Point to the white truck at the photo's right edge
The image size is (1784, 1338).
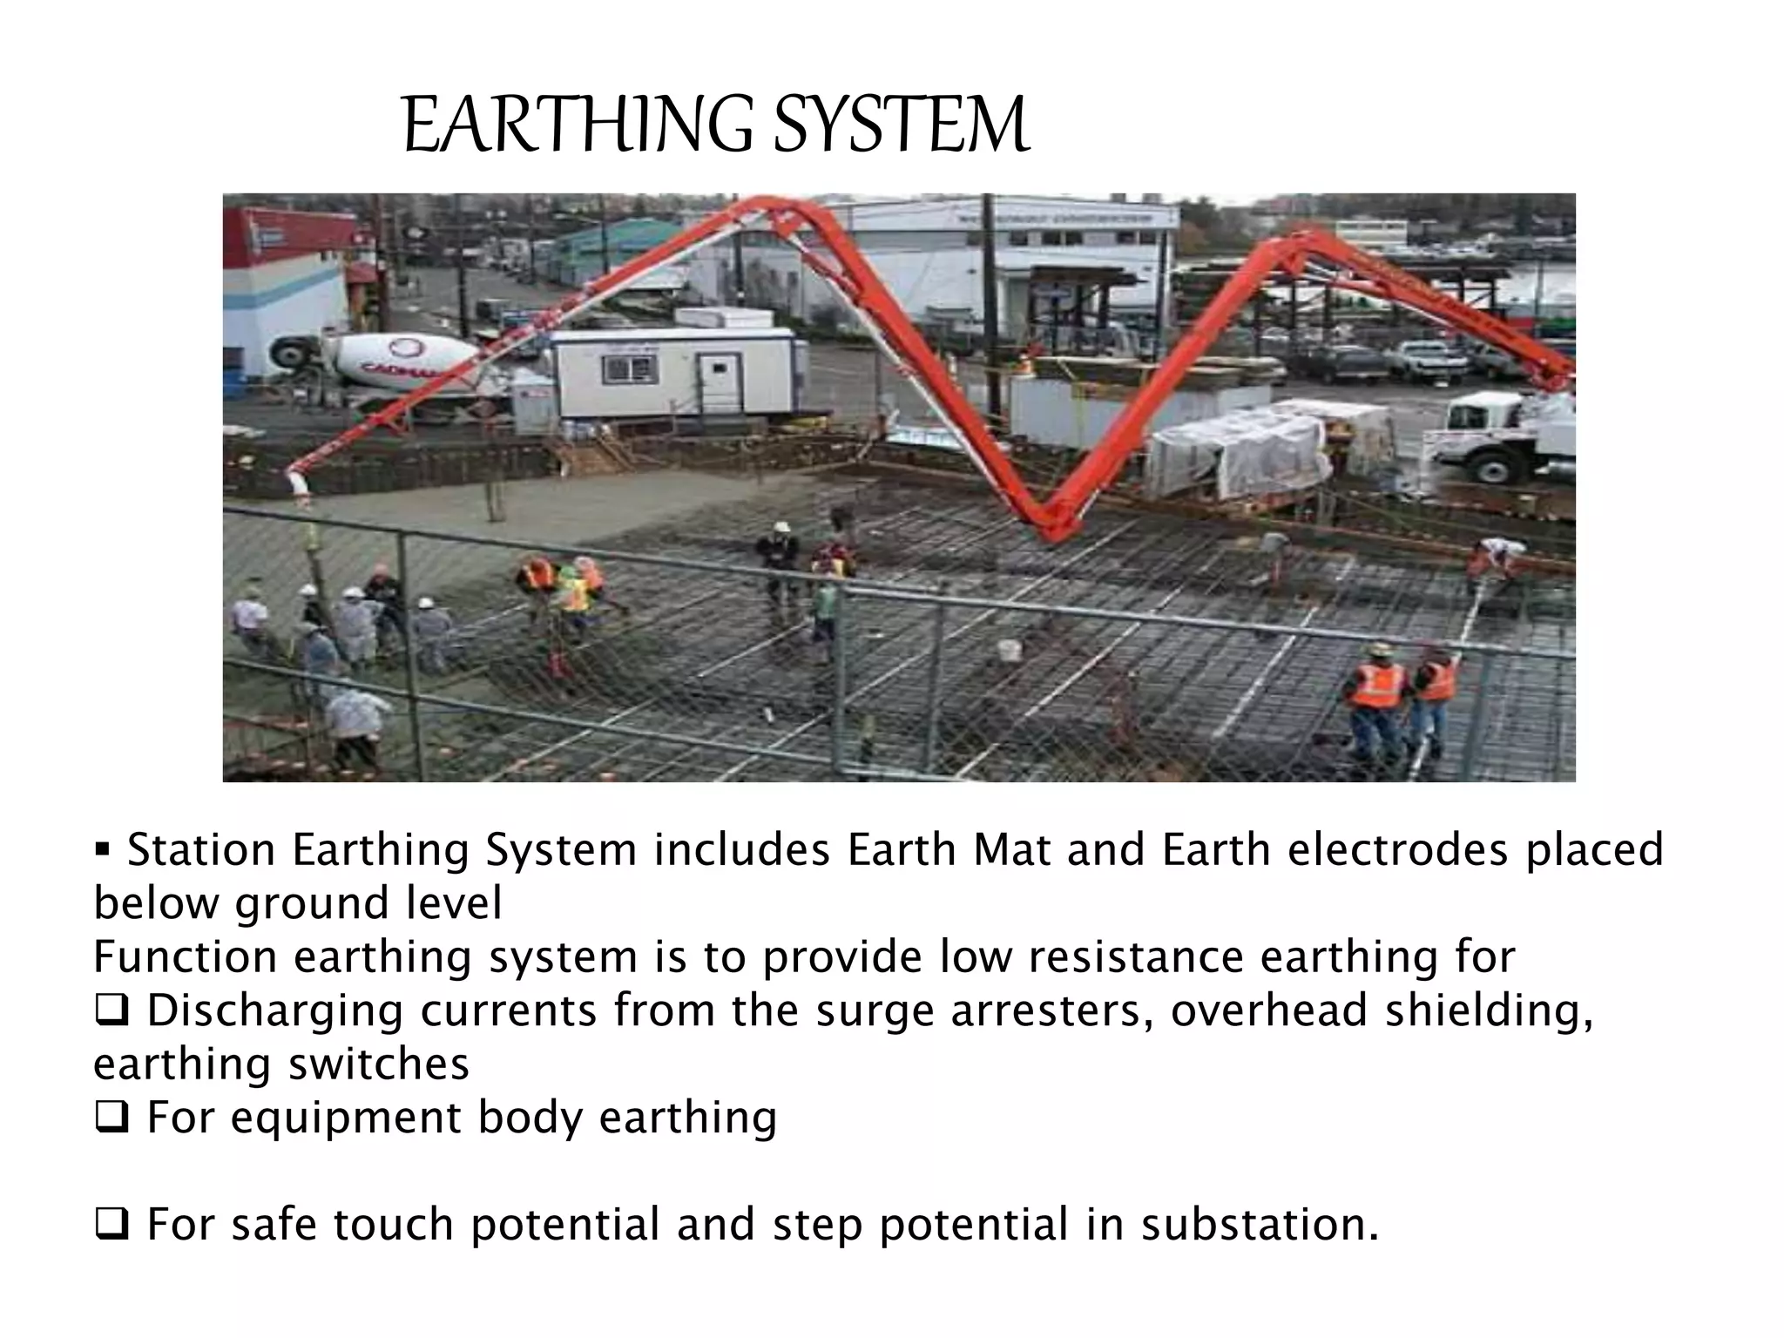click(1508, 436)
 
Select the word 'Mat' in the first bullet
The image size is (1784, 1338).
click(1011, 850)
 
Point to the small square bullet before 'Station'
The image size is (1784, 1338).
click(102, 848)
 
